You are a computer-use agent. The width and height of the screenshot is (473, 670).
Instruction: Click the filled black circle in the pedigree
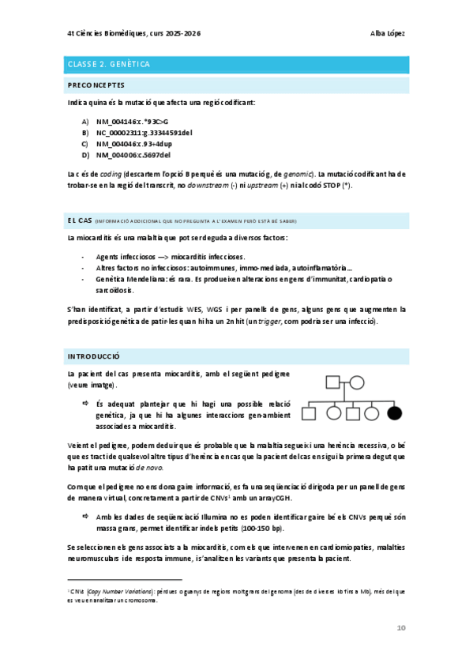[395, 412]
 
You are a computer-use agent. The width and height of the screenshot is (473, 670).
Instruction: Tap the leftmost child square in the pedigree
[312, 412]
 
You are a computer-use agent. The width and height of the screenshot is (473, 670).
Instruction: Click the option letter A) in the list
[85, 121]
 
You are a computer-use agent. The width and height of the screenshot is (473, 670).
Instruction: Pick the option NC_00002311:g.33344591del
[145, 132]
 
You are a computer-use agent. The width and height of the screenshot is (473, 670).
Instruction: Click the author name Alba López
[389, 33]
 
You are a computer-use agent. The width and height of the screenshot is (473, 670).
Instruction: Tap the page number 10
[400, 627]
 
